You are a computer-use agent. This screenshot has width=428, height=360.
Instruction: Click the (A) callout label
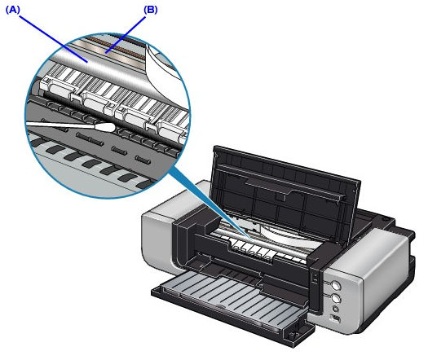point(13,10)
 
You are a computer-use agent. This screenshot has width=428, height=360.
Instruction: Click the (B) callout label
point(151,10)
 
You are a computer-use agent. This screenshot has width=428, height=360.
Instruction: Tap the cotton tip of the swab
point(104,127)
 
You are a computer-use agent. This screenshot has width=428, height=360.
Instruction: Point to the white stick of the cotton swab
point(60,125)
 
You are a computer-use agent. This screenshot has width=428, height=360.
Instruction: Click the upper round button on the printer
point(336,286)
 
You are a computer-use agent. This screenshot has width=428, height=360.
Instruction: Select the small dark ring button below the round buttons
point(335,310)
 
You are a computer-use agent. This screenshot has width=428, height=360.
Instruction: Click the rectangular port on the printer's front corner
point(335,318)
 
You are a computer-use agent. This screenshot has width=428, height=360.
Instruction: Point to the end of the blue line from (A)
point(86,62)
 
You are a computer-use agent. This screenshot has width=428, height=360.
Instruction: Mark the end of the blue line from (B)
point(107,52)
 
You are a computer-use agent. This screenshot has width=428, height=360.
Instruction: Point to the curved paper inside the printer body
point(287,232)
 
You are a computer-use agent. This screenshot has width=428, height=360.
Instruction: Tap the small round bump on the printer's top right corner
point(385,219)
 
